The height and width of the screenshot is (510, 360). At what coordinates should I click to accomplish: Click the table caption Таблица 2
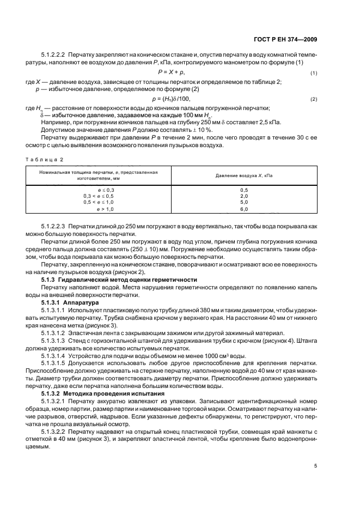46,159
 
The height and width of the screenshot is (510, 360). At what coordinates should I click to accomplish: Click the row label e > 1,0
106,209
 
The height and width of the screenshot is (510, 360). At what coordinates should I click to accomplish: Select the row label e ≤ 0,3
106,189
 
